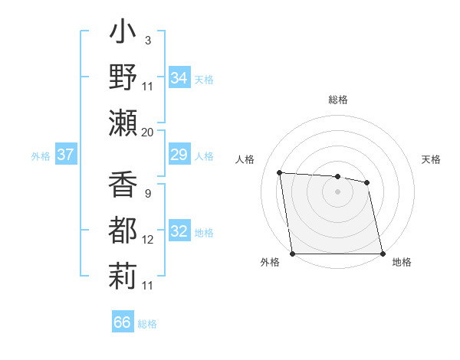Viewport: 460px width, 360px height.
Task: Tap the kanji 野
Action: pyautogui.click(x=123, y=79)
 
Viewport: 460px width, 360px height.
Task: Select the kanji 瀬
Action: pyautogui.click(x=123, y=123)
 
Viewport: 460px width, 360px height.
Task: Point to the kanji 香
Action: pyautogui.click(x=123, y=186)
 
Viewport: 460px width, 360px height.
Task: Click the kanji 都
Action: pyautogui.click(x=123, y=230)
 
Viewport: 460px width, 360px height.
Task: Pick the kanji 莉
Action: pyautogui.click(x=123, y=274)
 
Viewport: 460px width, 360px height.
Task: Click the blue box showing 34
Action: pyautogui.click(x=179, y=78)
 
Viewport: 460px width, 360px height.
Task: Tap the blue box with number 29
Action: pyautogui.click(x=179, y=155)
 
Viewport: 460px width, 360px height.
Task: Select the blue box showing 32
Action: pyautogui.click(x=179, y=232)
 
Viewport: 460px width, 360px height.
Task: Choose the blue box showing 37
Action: pyautogui.click(x=65, y=155)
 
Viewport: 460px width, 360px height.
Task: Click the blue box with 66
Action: pyautogui.click(x=122, y=322)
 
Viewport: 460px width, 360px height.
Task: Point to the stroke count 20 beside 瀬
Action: pyautogui.click(x=148, y=132)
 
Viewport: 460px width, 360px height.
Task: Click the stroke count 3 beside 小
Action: pyautogui.click(x=147, y=40)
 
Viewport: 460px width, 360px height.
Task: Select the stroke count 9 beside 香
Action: pyautogui.click(x=147, y=193)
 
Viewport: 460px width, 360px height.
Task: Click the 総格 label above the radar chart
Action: pyautogui.click(x=338, y=100)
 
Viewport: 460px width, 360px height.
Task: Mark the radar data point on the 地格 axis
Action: pyautogui.click(x=383, y=254)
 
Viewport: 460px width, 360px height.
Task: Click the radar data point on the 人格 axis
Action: pyautogui.click(x=280, y=173)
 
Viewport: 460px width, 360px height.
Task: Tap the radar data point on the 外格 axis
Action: pyautogui.click(x=292, y=254)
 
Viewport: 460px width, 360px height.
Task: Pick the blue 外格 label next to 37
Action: pyautogui.click(x=41, y=156)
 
